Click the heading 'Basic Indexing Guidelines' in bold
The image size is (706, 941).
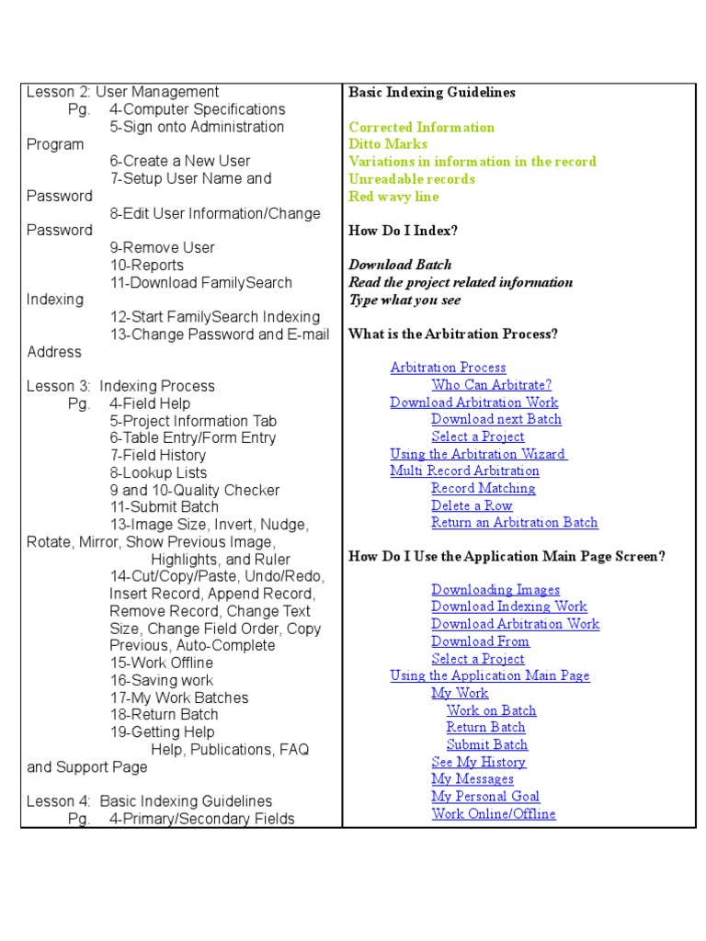pos(432,93)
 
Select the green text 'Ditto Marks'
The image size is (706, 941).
pos(388,144)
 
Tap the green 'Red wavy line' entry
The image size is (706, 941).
pos(393,197)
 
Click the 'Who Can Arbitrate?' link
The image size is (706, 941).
pos(491,385)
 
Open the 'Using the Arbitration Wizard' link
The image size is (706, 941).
pos(478,454)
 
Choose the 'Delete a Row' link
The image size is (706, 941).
pos(472,505)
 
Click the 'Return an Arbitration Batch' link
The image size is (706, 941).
pos(514,523)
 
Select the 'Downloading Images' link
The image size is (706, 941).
pos(495,590)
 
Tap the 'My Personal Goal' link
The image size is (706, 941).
pos(485,797)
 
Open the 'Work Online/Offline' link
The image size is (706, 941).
pos(493,814)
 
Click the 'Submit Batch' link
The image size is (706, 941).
pos(486,745)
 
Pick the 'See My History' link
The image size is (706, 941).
pos(478,763)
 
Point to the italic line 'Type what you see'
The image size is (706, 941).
pos(404,300)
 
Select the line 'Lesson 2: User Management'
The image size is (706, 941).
pos(122,92)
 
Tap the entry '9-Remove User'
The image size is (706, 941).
pos(162,247)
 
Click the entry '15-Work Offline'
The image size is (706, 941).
pos(161,663)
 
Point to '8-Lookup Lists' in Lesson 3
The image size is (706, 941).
pos(158,473)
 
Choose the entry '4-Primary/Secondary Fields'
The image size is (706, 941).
pos(201,818)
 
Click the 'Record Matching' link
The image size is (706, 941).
pos(483,489)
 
